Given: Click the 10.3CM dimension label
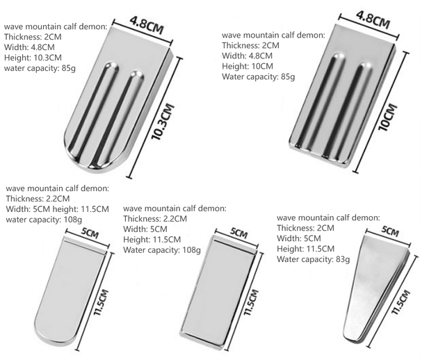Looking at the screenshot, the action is [x=163, y=122].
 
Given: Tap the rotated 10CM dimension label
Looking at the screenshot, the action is [x=388, y=117].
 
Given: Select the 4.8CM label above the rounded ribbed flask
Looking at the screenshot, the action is [x=147, y=25].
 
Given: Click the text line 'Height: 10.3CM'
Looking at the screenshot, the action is [x=33, y=58].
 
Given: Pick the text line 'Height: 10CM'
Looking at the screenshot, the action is [x=248, y=66].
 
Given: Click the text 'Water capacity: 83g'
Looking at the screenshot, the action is [x=314, y=259].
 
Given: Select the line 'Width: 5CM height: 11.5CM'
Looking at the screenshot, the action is [x=57, y=209].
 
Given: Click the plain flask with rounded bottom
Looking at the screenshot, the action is [x=71, y=289].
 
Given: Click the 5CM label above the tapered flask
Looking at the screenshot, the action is [x=390, y=231].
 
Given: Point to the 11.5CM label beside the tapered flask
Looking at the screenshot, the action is [x=401, y=302].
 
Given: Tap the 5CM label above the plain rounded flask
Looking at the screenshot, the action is [x=90, y=233].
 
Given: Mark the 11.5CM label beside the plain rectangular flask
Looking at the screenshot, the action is [x=251, y=302].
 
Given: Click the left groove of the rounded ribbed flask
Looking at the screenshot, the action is [x=91, y=111].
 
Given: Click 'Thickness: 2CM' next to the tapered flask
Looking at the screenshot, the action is [x=305, y=228].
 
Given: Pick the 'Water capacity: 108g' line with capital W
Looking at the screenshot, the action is [x=162, y=250].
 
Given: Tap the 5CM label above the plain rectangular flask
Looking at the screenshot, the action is [x=239, y=233].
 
